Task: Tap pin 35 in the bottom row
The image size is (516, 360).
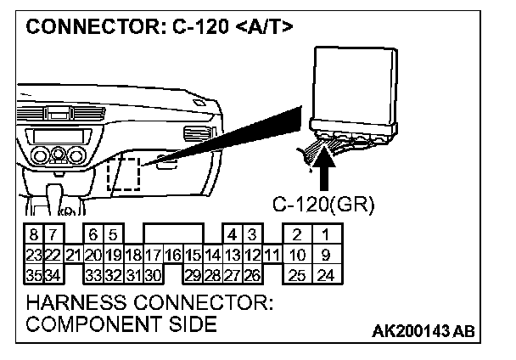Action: [x=32, y=275]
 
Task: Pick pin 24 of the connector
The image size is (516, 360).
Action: [x=324, y=275]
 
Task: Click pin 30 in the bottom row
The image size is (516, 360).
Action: [x=153, y=275]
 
